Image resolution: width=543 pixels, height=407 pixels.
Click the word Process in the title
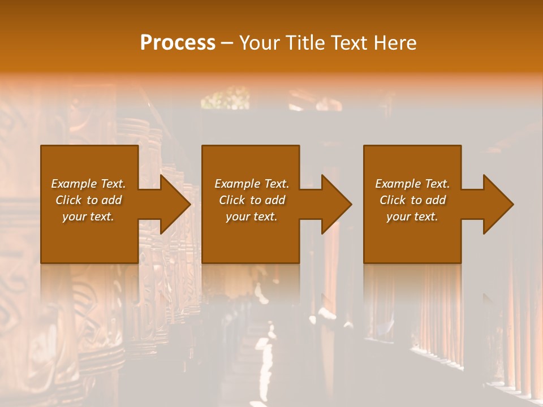pyautogui.click(x=178, y=42)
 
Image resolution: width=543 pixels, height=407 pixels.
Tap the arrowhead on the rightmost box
pyautogui.click(x=497, y=204)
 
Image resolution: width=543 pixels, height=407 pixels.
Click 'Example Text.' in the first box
pyautogui.click(x=88, y=184)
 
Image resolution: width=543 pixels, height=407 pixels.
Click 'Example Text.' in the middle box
pyautogui.click(x=252, y=184)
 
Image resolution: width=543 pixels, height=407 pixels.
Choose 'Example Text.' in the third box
pyautogui.click(x=412, y=184)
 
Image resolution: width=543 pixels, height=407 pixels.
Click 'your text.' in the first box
pyautogui.click(x=88, y=217)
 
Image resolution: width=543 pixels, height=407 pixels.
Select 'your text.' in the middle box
pyautogui.click(x=252, y=217)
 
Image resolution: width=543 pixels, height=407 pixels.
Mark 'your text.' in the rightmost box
pyautogui.click(x=412, y=217)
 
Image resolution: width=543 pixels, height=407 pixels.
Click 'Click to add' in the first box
pyautogui.click(x=88, y=200)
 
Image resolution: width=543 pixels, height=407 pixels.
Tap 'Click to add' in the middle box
pyautogui.click(x=252, y=200)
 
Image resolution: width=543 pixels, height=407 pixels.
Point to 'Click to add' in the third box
pyautogui.click(x=412, y=200)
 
